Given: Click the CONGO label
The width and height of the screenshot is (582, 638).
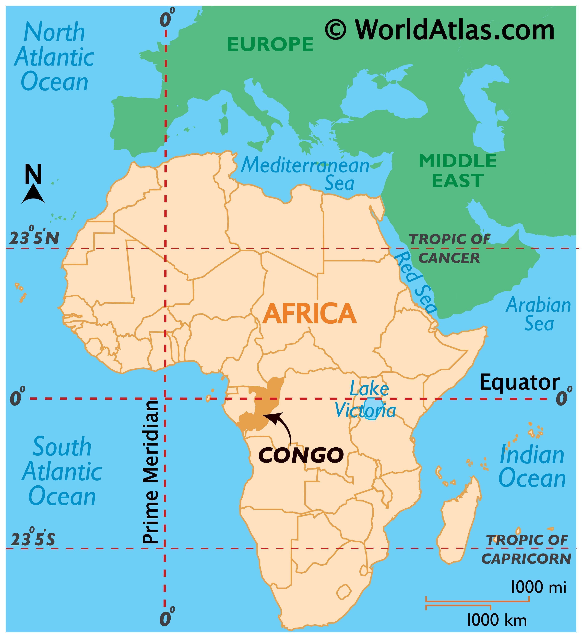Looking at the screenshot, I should pyautogui.click(x=301, y=455).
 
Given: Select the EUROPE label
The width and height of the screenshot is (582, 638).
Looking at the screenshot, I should pyautogui.click(x=270, y=44).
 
